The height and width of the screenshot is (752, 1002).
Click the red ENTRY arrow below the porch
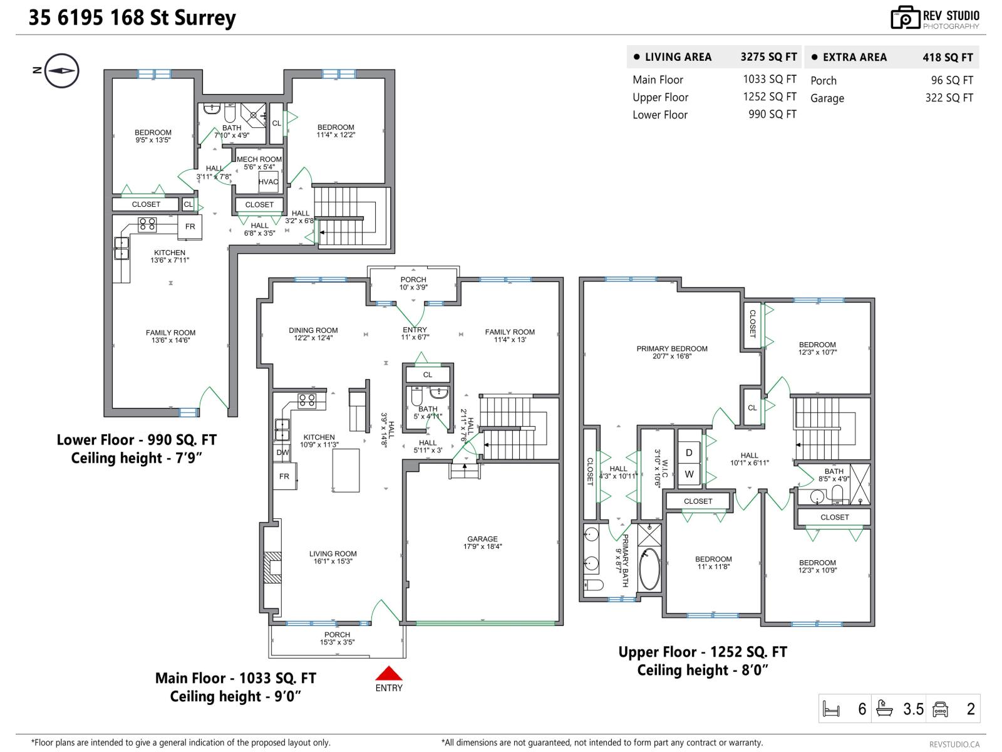pyautogui.click(x=388, y=674)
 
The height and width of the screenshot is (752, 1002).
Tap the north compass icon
pyautogui.click(x=62, y=71)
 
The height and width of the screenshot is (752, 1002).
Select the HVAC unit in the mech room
pyautogui.click(x=268, y=182)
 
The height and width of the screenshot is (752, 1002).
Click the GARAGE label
pyautogui.click(x=482, y=539)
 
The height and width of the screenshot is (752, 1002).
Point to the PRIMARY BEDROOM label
pyautogui.click(x=672, y=349)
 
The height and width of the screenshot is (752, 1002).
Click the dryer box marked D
pyautogui.click(x=689, y=452)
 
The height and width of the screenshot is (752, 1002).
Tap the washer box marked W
pyautogui.click(x=689, y=474)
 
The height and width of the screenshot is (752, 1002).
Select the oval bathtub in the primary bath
pyautogui.click(x=649, y=569)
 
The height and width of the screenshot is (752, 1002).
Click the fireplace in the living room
pyautogui.click(x=272, y=567)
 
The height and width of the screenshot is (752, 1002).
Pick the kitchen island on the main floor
pyautogui.click(x=346, y=470)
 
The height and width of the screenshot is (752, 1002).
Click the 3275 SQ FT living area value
pyautogui.click(x=768, y=57)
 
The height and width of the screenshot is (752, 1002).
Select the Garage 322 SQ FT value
pyautogui.click(x=949, y=98)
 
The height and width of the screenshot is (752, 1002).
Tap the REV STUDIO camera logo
pyautogui.click(x=905, y=18)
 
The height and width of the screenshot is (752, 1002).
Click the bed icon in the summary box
pyautogui.click(x=831, y=709)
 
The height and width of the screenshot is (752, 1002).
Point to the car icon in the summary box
pyautogui.click(x=940, y=709)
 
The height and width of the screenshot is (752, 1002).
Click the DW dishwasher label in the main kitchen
pyautogui.click(x=282, y=452)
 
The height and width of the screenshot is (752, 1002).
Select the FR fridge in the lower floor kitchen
pyautogui.click(x=190, y=227)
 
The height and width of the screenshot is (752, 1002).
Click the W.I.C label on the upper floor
pyautogui.click(x=658, y=467)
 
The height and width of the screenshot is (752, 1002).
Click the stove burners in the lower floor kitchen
pyautogui.click(x=147, y=224)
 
